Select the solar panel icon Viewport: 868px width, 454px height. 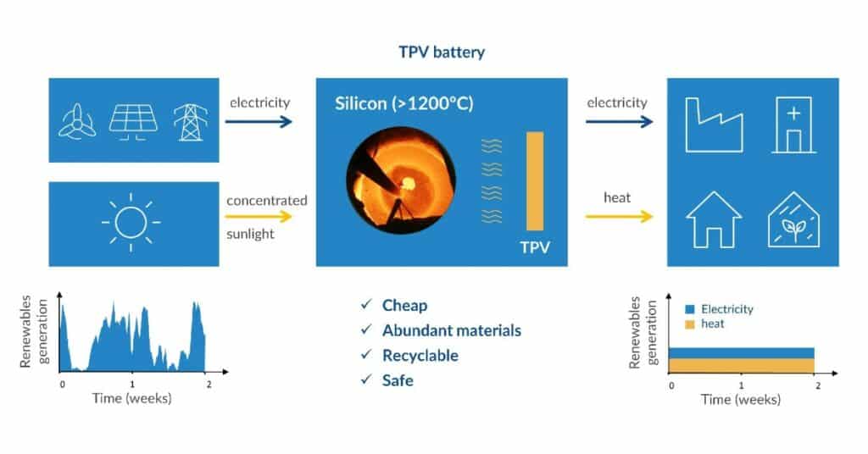coord(133,121)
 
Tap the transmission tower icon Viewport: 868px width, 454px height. coord(189,121)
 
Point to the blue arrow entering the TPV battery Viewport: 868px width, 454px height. coord(259,122)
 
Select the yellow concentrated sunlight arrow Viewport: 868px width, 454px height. coord(259,217)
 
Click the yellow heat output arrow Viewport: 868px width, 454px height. coord(619,217)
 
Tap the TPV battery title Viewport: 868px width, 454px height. coord(441,52)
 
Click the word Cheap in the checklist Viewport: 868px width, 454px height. coord(404,305)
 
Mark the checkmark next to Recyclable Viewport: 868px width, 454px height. coord(366,355)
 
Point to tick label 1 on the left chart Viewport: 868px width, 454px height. coord(132,384)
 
